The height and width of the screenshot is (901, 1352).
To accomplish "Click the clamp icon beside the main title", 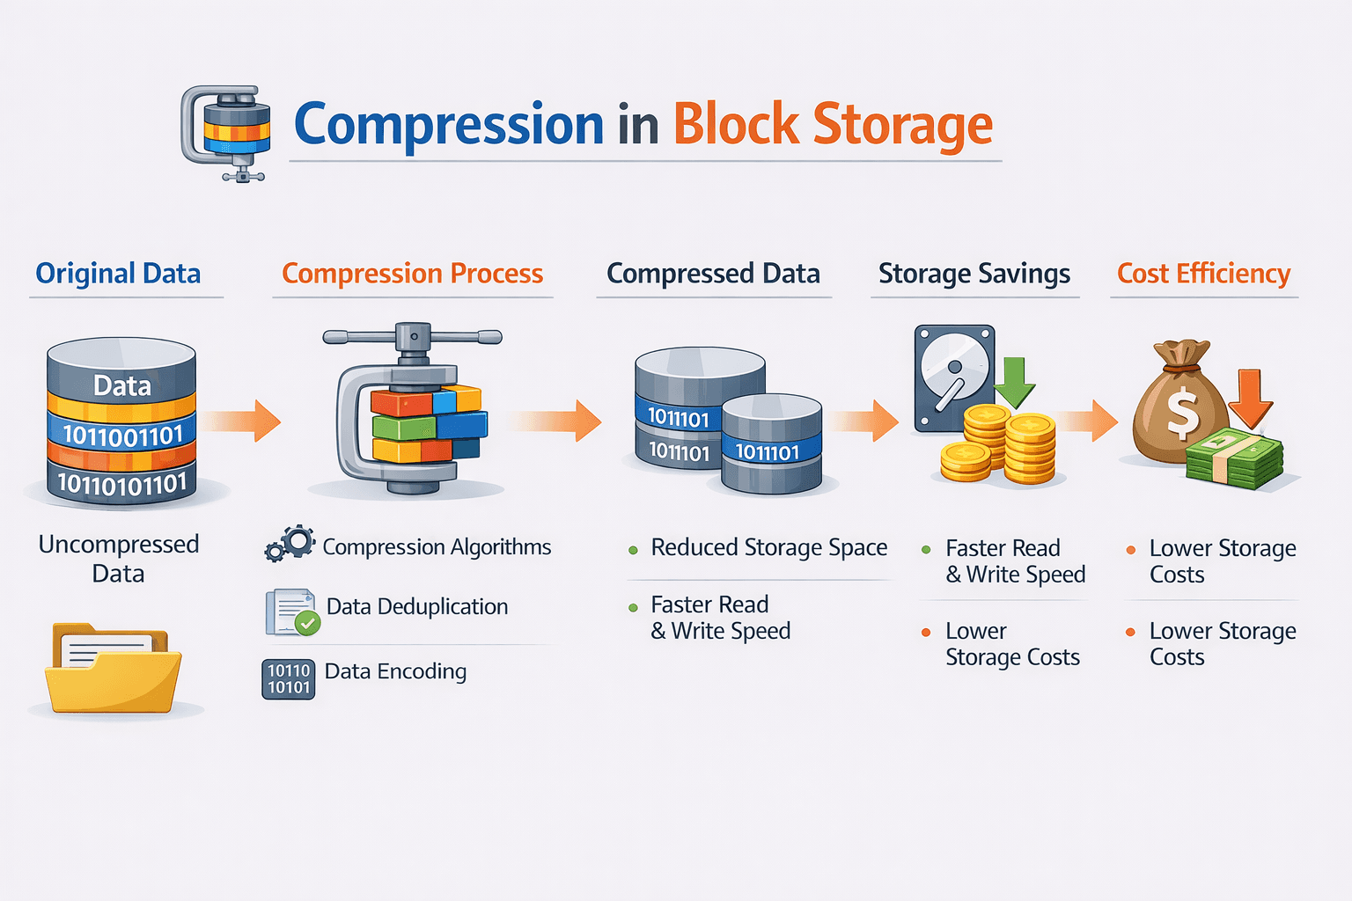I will (x=225, y=132).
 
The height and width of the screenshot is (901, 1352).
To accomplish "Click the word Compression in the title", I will (x=448, y=125).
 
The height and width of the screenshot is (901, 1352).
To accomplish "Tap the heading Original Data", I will (x=118, y=274).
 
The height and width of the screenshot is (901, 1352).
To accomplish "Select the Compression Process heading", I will (x=412, y=274).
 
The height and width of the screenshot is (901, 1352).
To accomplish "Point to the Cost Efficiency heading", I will (x=1203, y=274).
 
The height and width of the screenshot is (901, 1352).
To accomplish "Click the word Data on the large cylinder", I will (x=122, y=385).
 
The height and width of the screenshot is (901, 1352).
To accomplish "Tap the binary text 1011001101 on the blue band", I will (x=122, y=435).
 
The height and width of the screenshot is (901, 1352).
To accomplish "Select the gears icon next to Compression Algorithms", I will (x=290, y=544).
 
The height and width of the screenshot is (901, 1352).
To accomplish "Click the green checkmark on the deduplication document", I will (x=307, y=624).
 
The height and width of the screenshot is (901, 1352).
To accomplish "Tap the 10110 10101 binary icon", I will (x=289, y=679).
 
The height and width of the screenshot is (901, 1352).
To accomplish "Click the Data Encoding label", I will (x=395, y=671).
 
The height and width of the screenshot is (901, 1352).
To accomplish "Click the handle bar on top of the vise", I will (x=412, y=337).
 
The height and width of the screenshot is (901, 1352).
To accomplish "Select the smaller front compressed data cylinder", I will (x=771, y=444).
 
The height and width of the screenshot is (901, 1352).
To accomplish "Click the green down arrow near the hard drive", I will (x=1014, y=382).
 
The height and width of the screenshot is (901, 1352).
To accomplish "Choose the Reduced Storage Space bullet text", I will (x=768, y=547).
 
